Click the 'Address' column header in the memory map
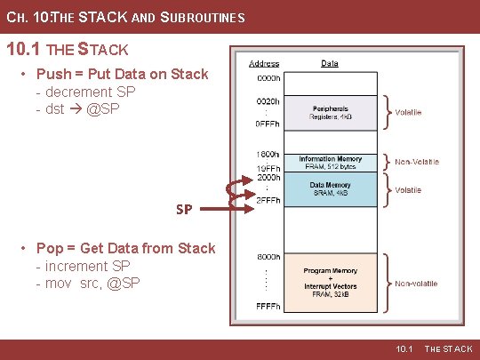264,64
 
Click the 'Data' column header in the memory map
329,64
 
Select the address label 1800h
268,154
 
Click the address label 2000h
268,177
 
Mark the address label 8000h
268,255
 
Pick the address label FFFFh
268,306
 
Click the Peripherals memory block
329,113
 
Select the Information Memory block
330,163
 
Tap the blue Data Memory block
330,189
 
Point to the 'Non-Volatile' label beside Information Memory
417,163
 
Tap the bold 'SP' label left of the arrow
184,210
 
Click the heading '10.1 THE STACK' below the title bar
68,48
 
